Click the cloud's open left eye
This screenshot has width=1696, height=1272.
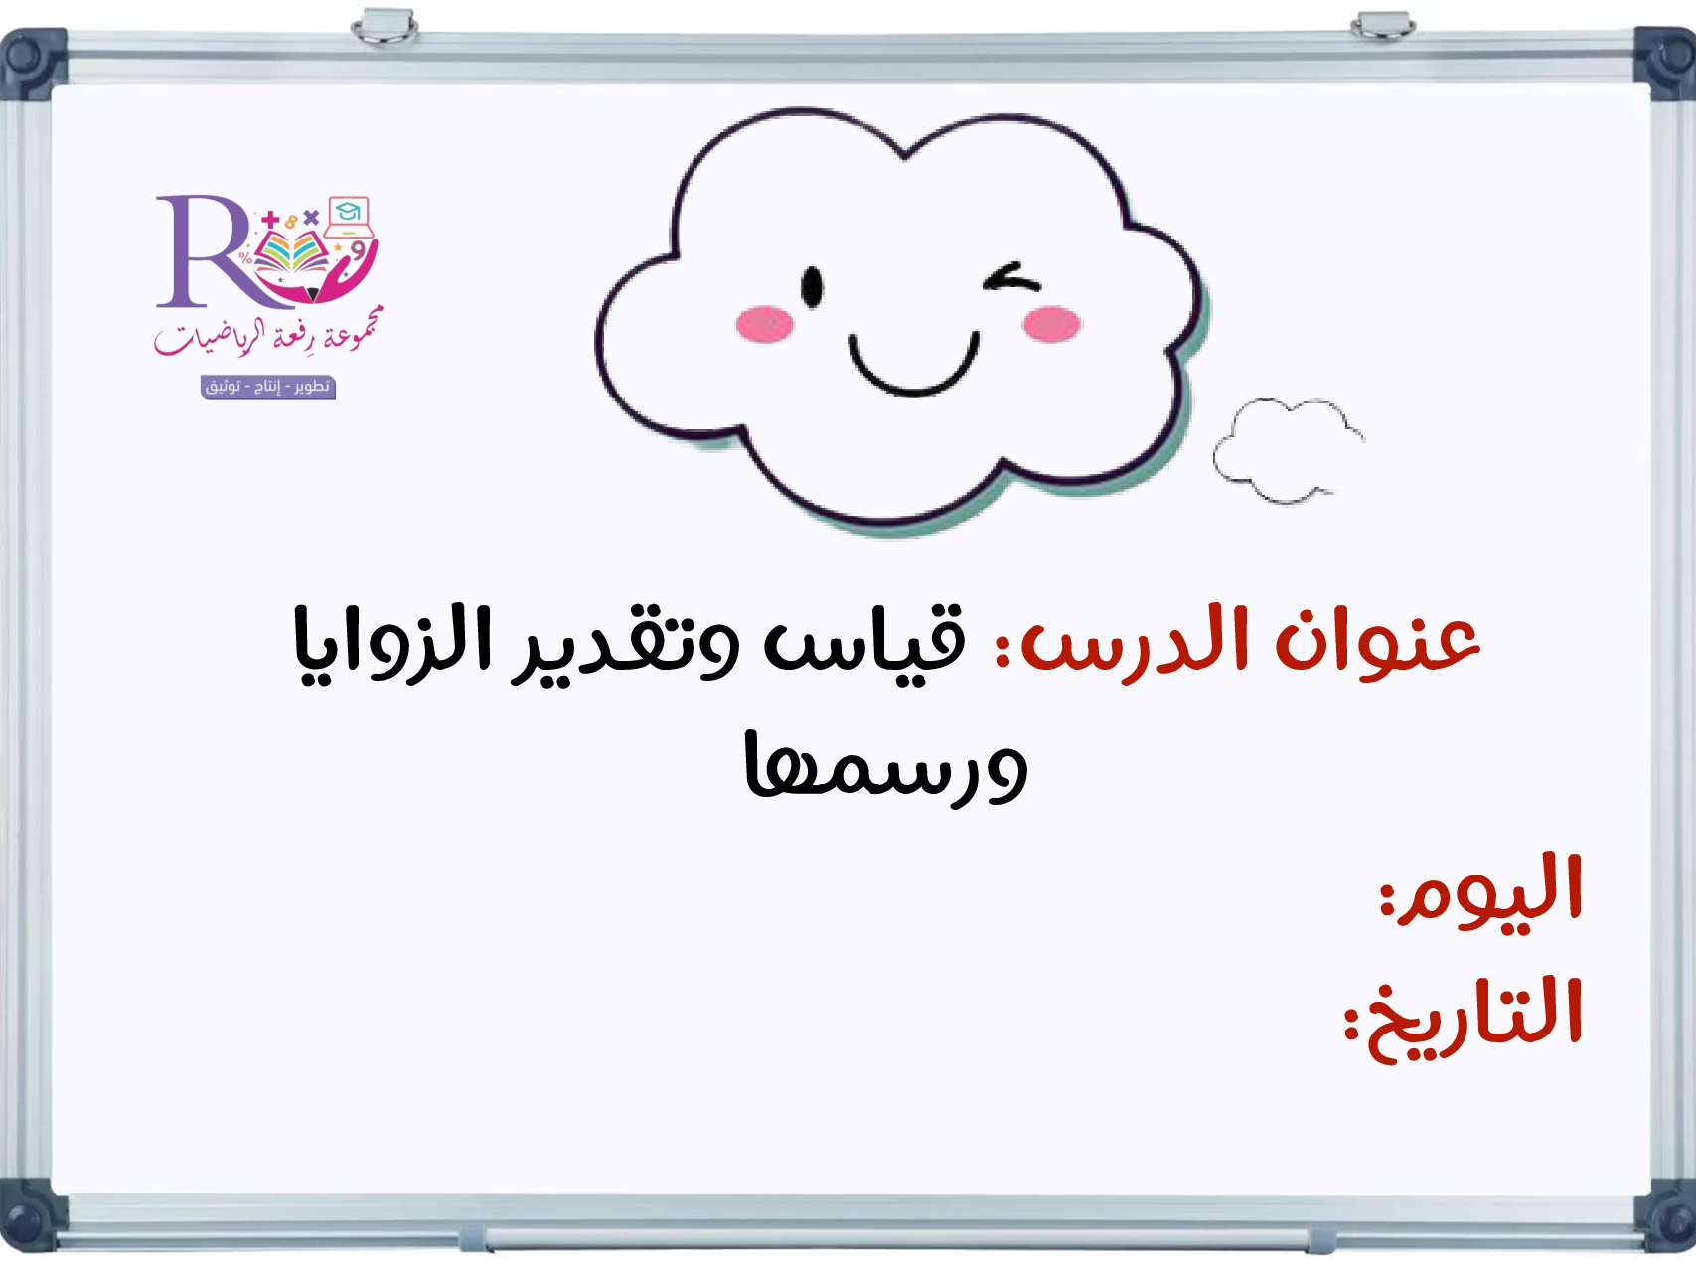(x=812, y=287)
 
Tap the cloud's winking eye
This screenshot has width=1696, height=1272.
(x=1011, y=278)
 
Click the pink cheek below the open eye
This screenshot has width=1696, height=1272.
(x=764, y=324)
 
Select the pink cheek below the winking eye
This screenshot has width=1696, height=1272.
(x=1051, y=324)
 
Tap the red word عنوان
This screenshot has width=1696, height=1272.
(x=1379, y=641)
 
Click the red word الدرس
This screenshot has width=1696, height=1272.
(x=1134, y=644)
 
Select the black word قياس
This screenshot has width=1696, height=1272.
(x=864, y=641)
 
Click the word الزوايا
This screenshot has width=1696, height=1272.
(x=391, y=641)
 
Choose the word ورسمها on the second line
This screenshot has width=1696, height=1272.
(x=885, y=767)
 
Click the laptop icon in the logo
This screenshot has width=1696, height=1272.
(x=348, y=217)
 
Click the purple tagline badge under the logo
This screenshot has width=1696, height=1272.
(x=268, y=387)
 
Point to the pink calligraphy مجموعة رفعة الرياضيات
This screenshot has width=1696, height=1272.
(x=266, y=333)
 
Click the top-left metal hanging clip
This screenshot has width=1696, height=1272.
(x=385, y=26)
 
